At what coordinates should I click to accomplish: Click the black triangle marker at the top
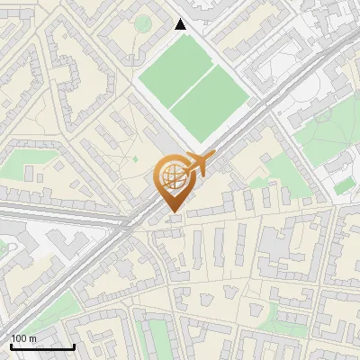[x=181, y=23]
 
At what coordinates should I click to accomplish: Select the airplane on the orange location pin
[x=200, y=163]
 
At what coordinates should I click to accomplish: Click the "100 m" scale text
[x=23, y=337]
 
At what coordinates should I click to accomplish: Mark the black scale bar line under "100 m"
[x=41, y=346]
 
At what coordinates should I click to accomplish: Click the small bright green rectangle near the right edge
[x=344, y=185]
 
